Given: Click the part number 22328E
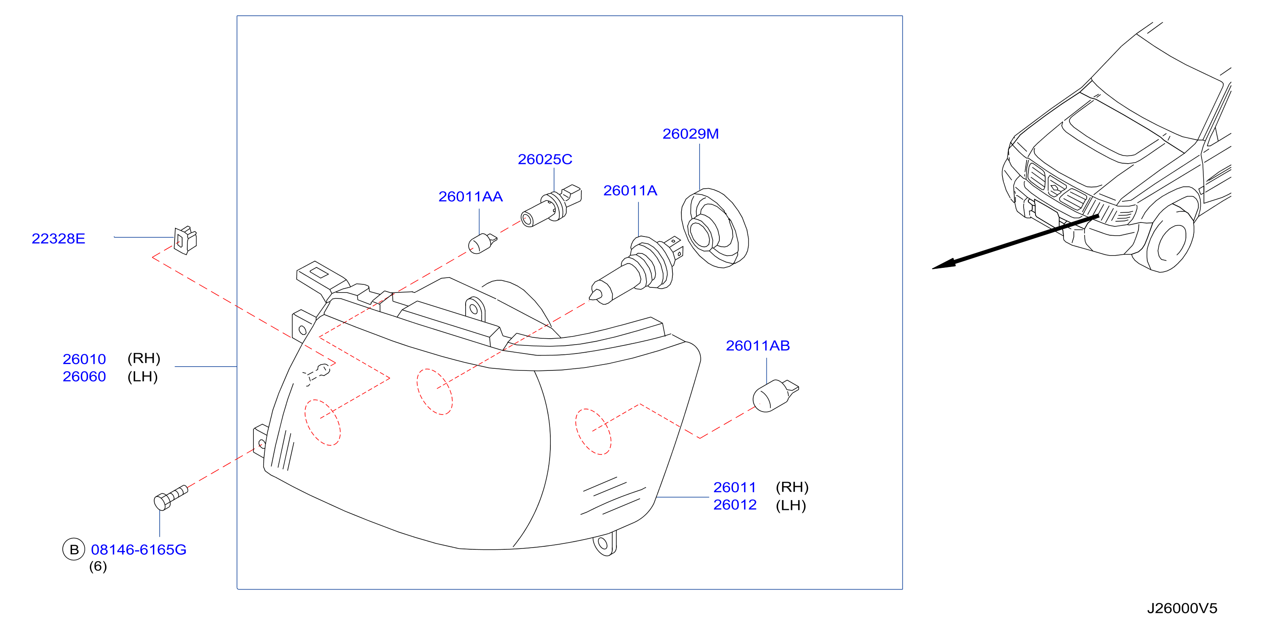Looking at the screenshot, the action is pyautogui.click(x=58, y=239).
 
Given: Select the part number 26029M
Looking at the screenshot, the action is pyautogui.click(x=691, y=134).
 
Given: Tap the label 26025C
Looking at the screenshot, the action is pyautogui.click(x=545, y=159).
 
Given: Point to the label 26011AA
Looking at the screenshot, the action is pyautogui.click(x=470, y=197).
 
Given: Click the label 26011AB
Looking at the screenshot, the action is pyautogui.click(x=758, y=346).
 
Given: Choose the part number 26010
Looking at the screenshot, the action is pyautogui.click(x=84, y=359).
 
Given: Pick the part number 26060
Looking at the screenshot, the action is pyautogui.click(x=84, y=377).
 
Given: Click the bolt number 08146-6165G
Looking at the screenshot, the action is pyautogui.click(x=139, y=550).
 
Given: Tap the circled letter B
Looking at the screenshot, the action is pyautogui.click(x=74, y=549).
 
